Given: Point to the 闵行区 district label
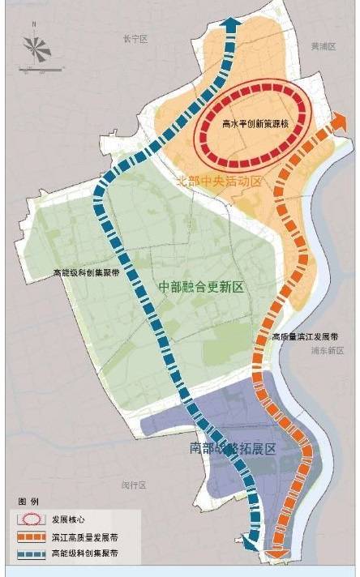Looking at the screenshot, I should coord(133,485).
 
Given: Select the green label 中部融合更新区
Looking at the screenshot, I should coord(201,287).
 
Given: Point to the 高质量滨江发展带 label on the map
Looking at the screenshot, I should coord(305,336).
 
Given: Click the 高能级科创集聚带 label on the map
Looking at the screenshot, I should coord(85,273).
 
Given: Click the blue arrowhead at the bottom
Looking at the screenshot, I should coord(250,545).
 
